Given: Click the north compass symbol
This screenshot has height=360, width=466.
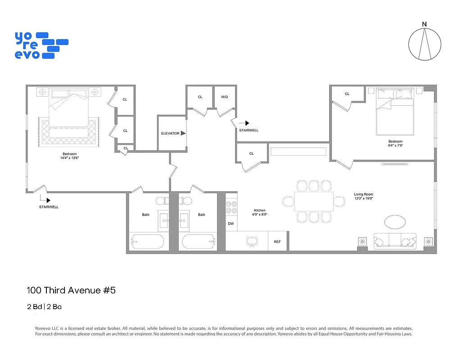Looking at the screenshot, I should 424,44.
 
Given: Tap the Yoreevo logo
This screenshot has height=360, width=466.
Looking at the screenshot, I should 41,45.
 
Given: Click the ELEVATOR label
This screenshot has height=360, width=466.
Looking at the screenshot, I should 170,133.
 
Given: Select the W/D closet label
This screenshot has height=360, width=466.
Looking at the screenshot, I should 224,97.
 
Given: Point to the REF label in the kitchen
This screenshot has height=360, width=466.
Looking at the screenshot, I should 277,242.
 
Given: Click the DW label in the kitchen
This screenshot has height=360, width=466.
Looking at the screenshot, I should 231,223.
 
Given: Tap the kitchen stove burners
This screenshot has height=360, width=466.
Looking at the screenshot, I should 231,207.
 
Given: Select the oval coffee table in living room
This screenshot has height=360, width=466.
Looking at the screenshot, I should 395,221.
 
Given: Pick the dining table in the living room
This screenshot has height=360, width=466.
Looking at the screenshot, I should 314,201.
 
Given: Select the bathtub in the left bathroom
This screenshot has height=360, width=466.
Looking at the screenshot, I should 147,242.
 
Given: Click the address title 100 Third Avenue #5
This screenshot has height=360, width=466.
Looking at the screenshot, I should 71,290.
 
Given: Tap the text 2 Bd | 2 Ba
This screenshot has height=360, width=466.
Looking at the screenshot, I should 44,307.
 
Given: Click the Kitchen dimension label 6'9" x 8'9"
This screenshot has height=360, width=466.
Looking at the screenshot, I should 259,215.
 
